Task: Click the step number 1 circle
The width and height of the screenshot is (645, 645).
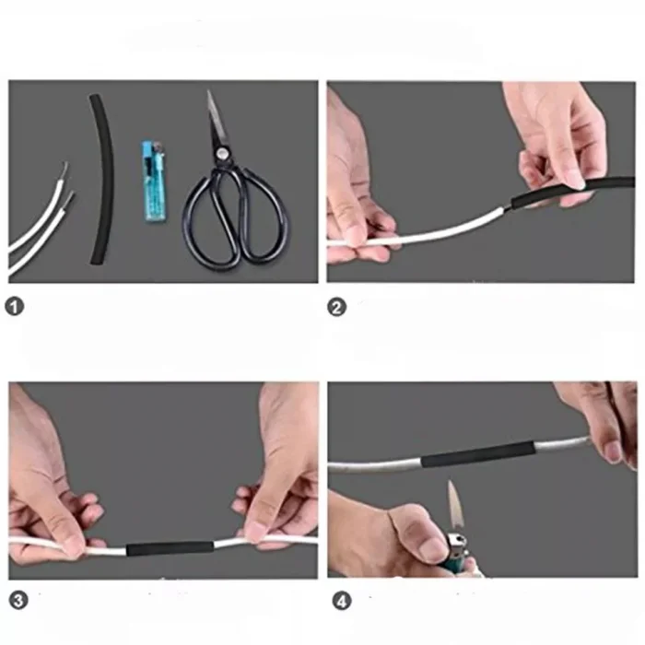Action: click(x=15, y=307)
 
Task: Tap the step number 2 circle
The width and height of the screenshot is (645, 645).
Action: click(x=337, y=307)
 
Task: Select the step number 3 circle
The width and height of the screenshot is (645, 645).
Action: click(x=18, y=601)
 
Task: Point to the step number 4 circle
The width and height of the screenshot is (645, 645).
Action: click(x=342, y=602)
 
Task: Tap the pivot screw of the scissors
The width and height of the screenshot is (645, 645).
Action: click(x=223, y=154)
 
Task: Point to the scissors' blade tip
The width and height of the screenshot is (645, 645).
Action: click(x=208, y=91)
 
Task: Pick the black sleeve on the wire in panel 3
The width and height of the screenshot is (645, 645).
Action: click(x=170, y=548)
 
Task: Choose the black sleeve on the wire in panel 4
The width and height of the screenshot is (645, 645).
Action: click(x=478, y=453)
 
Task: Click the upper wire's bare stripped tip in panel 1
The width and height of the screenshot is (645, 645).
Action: click(x=64, y=169)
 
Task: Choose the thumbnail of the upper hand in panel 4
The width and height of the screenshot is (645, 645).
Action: click(x=613, y=452)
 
